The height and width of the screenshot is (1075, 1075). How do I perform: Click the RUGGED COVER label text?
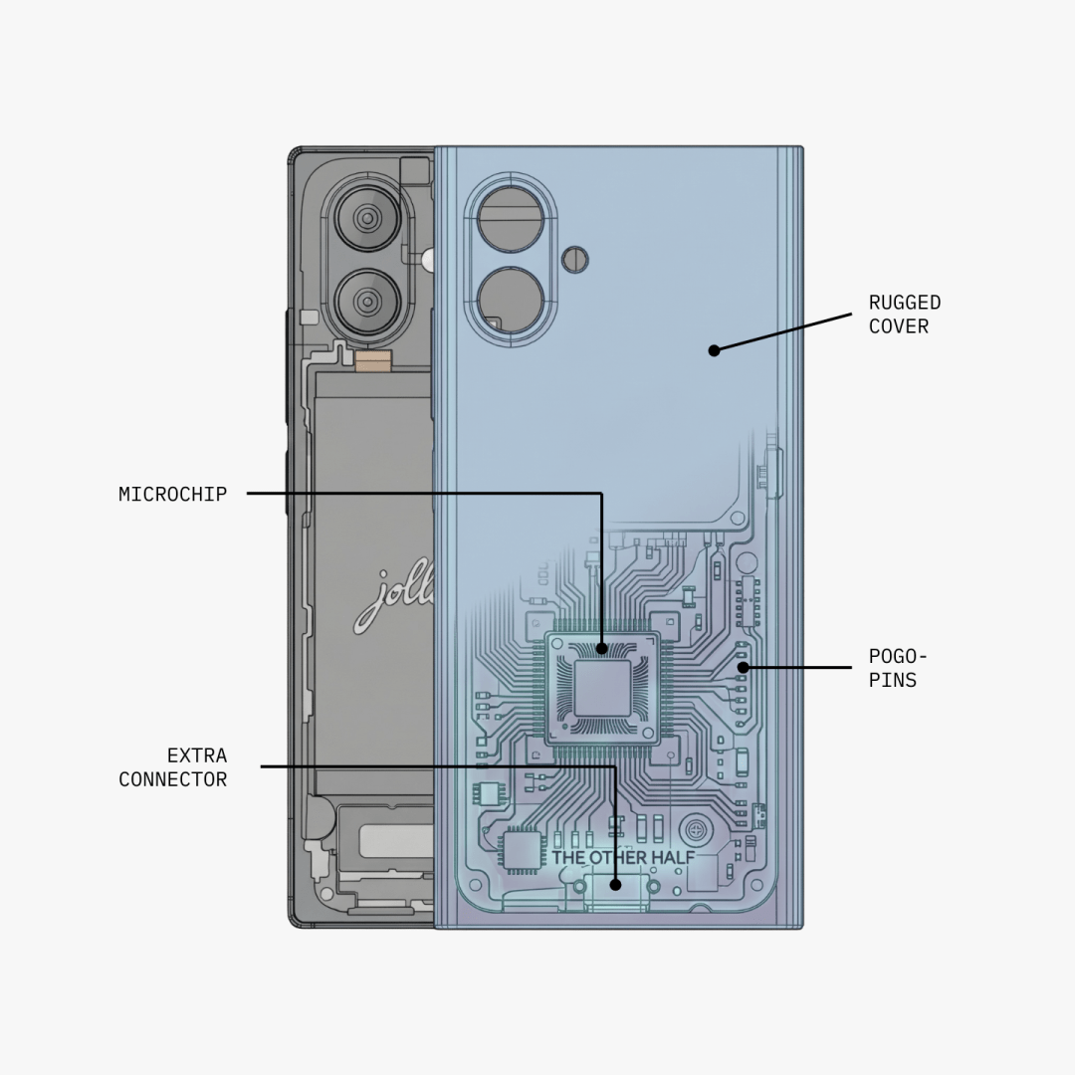coord(904,315)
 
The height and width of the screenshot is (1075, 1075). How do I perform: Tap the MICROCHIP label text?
coord(173,494)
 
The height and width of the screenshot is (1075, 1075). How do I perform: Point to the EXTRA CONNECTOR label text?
coord(173,767)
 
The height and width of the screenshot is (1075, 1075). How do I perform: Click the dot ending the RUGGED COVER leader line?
coord(714,350)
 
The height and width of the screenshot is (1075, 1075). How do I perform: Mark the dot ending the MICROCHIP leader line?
coord(601,649)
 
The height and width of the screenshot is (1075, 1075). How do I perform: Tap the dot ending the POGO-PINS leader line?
coord(743,667)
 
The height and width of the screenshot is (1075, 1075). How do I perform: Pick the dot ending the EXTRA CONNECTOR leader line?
coord(615,884)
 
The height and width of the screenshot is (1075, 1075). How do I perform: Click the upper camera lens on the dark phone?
coord(367,218)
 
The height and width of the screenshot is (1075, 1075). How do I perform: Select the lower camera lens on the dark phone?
coord(367,301)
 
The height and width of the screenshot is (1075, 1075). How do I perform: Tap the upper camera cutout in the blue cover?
coord(510,219)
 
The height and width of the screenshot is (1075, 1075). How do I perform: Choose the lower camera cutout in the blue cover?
coord(510,299)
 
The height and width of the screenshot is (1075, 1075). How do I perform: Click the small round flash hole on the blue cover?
coord(575,260)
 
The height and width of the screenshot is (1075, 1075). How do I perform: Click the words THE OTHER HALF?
coord(623,858)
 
